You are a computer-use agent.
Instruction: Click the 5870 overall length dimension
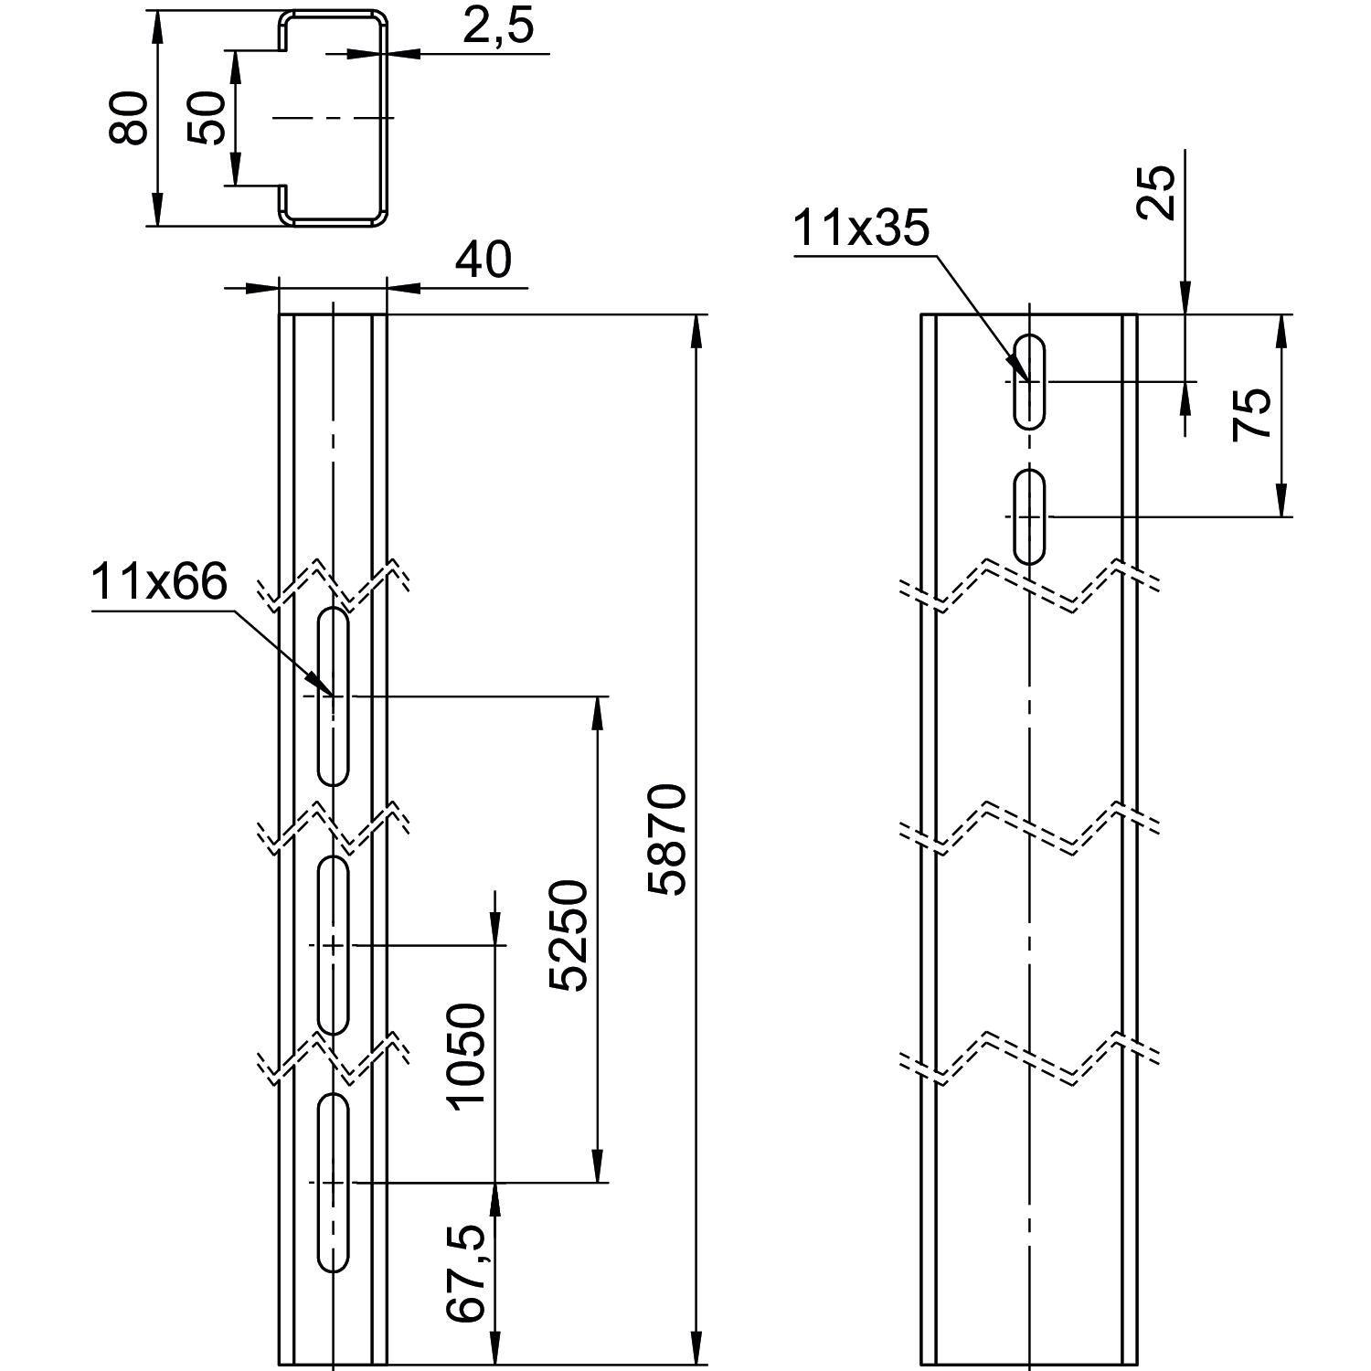665,838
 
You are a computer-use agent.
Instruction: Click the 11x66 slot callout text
159,582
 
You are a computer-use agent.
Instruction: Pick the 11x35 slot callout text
860,228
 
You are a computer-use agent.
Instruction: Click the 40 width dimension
484,260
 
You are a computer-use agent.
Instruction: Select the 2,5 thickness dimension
497,27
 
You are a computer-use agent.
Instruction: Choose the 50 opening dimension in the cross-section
207,118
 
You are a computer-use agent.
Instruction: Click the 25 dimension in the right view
1157,191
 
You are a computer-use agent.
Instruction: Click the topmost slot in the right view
1030,381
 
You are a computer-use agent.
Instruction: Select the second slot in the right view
1030,516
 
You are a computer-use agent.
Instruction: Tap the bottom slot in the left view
334,1182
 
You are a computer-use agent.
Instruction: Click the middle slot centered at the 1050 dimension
334,945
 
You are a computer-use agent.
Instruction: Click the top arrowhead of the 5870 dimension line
697,330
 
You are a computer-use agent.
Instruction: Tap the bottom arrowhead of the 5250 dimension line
599,1167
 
